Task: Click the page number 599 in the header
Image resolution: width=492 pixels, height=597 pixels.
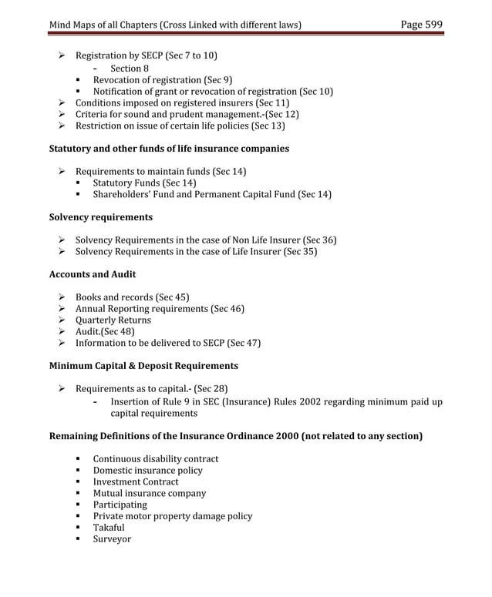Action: [x=433, y=25]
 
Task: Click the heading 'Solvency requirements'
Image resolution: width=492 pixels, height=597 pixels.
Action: [x=101, y=217]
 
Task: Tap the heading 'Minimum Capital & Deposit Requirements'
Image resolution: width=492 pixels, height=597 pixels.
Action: [x=143, y=365]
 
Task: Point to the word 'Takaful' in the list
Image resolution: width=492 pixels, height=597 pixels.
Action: [x=109, y=528]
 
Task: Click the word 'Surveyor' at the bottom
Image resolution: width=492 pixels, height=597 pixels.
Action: [x=112, y=539]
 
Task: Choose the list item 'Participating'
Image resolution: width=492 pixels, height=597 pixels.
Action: [x=120, y=505]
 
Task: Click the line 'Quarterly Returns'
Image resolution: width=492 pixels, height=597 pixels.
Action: [x=113, y=320]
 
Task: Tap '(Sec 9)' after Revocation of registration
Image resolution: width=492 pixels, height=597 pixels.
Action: [x=218, y=80]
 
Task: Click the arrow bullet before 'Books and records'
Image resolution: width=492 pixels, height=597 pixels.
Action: [x=62, y=297]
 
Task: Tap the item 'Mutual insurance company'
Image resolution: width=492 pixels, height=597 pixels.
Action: [x=150, y=493]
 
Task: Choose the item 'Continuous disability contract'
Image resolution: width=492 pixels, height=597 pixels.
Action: [x=156, y=459]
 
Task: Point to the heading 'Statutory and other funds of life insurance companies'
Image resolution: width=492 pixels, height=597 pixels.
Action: [x=169, y=149]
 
